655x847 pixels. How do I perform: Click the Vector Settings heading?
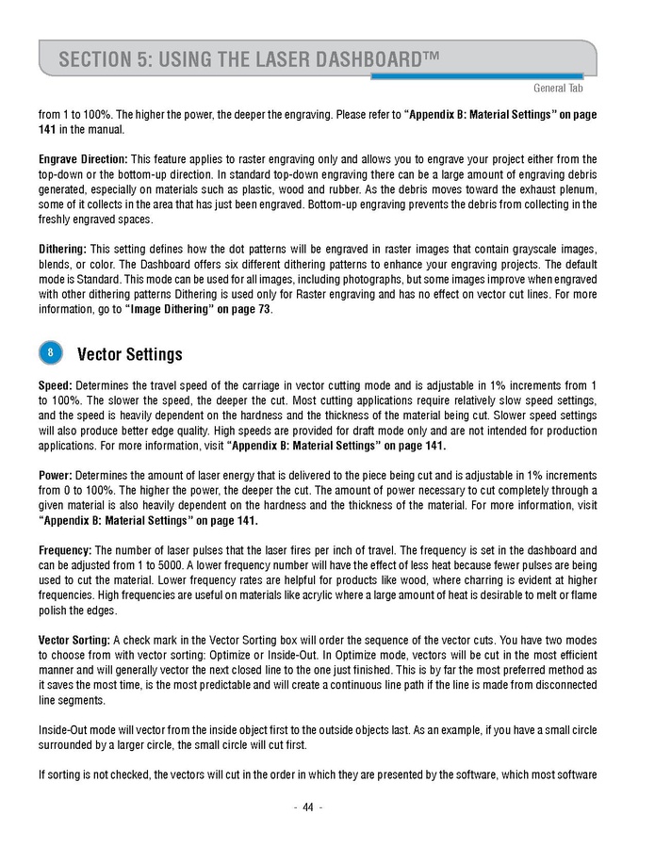pos(129,354)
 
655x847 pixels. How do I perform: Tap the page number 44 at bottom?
pos(308,807)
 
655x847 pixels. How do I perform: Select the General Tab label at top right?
pos(558,88)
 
